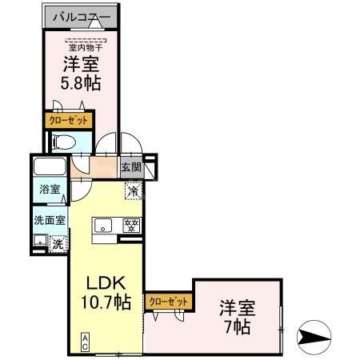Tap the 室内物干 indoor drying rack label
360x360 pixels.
pyautogui.click(x=81, y=45)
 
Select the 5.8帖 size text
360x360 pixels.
pyautogui.click(x=81, y=82)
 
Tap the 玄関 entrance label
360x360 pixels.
pyautogui.click(x=131, y=168)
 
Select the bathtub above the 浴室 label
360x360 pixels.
pyautogui.click(x=50, y=168)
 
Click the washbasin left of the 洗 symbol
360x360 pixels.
pyautogui.click(x=39, y=241)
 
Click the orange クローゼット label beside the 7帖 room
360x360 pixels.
pyautogui.click(x=169, y=301)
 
